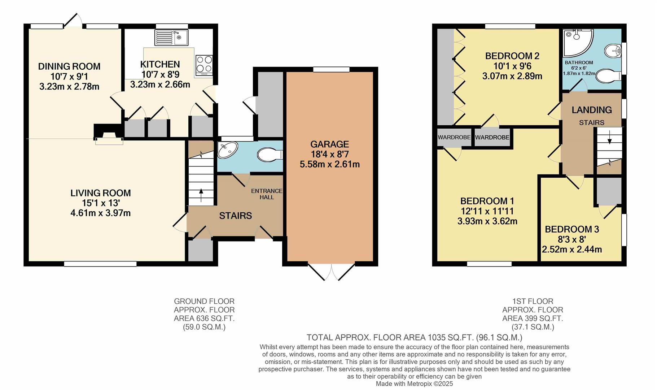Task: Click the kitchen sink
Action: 171,38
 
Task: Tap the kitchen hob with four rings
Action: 204,65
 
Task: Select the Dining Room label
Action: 69,66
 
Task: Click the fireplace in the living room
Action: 109,136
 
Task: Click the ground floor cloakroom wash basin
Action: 228,150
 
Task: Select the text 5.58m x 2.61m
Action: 329,165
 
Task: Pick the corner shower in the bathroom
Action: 576,41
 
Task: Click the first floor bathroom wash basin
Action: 612,51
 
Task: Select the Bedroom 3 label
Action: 571,229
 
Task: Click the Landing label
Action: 591,110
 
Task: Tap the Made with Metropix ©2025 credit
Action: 414,384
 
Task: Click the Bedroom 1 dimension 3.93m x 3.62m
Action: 487,221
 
